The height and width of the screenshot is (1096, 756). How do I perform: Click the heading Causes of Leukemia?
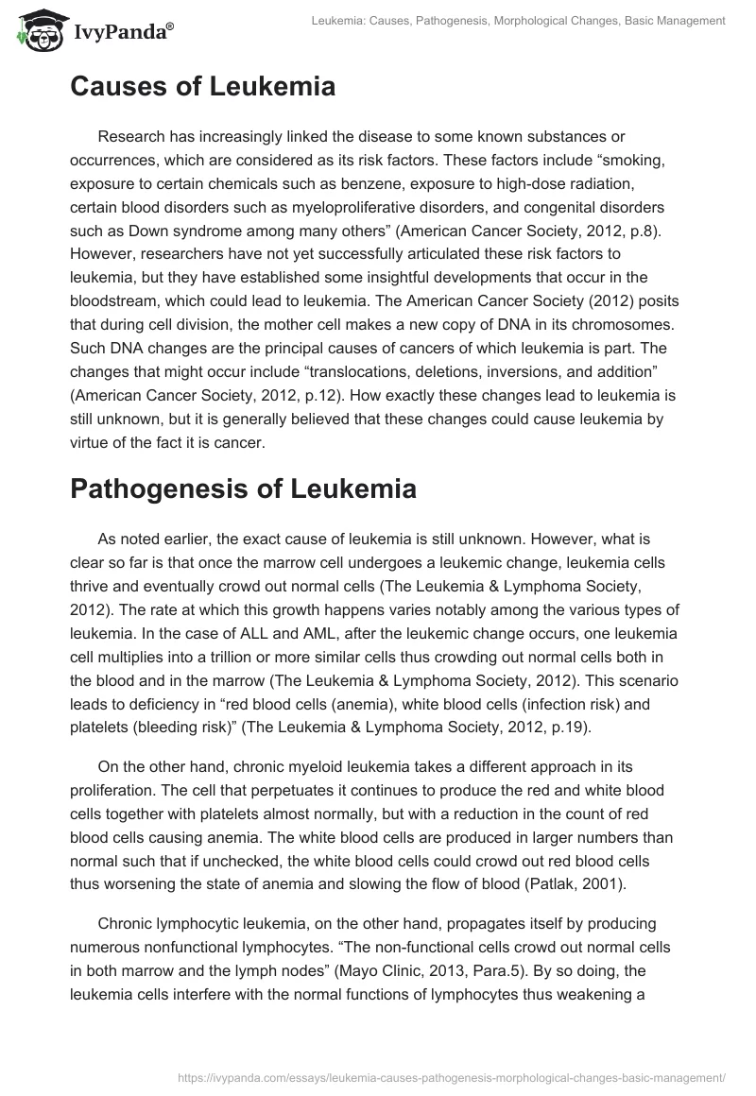click(202, 87)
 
